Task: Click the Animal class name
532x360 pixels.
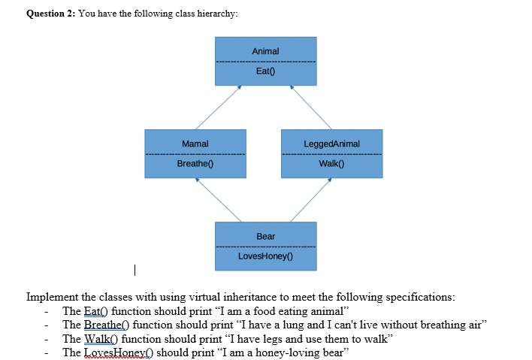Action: pyautogui.click(x=265, y=51)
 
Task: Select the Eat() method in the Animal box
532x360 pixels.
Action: pyautogui.click(x=265, y=71)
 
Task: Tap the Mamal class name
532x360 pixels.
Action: pyautogui.click(x=195, y=144)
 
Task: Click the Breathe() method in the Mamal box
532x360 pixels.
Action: pyautogui.click(x=195, y=163)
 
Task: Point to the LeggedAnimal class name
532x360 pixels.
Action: pyautogui.click(x=331, y=144)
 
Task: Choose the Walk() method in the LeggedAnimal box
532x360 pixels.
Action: pyautogui.click(x=331, y=163)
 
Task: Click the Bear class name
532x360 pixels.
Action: pyautogui.click(x=265, y=236)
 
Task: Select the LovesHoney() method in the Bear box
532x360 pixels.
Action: pyautogui.click(x=265, y=256)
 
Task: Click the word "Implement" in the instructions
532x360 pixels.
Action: pyautogui.click(x=52, y=297)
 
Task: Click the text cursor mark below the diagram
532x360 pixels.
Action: pyautogui.click(x=134, y=268)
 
